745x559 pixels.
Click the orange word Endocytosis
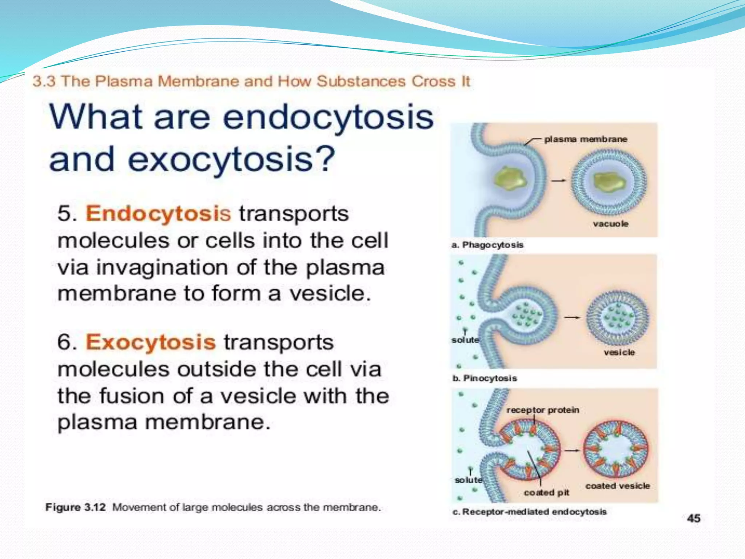158,214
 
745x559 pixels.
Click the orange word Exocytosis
151,342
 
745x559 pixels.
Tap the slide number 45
694,518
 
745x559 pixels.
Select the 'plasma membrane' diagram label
585,139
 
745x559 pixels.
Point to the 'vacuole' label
610,224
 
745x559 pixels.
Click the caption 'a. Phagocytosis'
487,245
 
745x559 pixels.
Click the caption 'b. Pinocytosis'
484,378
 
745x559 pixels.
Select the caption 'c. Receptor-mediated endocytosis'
529,512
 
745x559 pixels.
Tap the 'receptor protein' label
543,410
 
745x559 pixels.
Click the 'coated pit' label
546,493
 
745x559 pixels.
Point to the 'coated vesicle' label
617,486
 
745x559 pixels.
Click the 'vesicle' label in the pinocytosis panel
619,352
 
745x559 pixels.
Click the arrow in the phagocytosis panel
558,181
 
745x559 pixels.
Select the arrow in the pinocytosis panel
572,317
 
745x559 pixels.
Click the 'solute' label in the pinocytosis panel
465,340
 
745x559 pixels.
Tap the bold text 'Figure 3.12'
75,507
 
